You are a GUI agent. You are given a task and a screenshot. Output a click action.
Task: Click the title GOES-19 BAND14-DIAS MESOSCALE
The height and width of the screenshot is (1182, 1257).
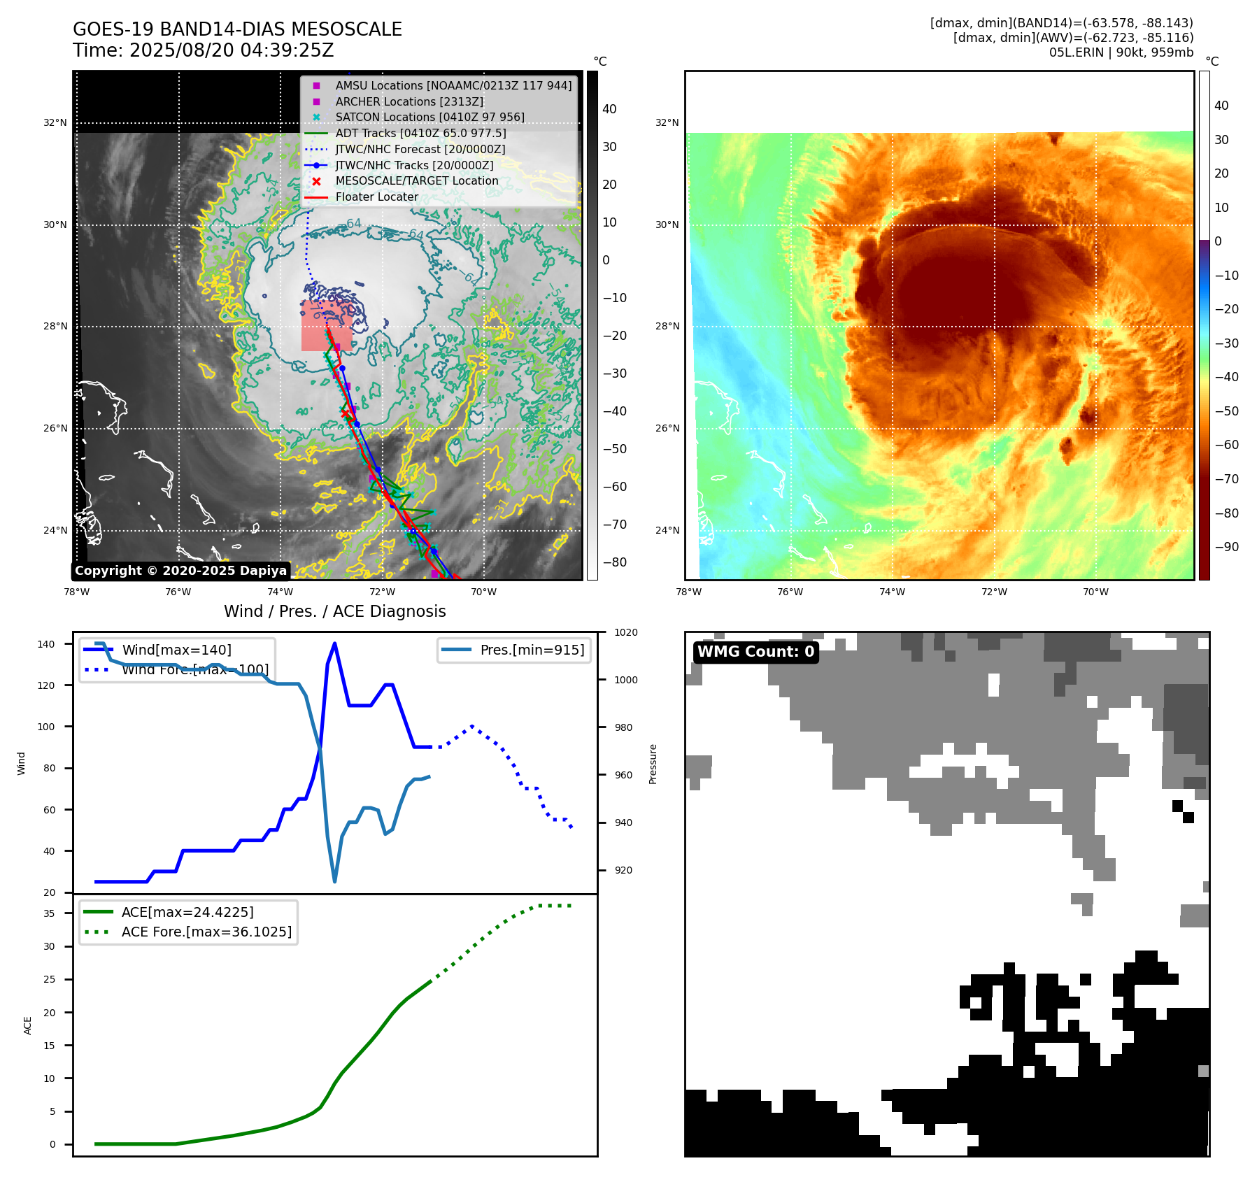(237, 29)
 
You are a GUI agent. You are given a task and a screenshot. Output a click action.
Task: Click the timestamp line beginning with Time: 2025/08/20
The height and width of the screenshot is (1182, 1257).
(203, 50)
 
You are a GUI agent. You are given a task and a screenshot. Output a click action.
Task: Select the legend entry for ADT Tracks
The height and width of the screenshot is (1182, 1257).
(420, 133)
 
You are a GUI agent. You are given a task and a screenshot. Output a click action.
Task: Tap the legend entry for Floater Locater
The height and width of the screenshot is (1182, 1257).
(376, 197)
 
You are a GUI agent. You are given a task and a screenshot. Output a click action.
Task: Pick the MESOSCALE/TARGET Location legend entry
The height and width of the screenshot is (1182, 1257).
(416, 180)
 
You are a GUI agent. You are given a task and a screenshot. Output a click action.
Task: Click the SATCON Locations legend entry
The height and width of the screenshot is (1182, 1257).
(429, 117)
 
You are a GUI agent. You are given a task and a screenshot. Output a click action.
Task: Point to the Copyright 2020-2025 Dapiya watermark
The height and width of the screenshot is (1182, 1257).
(180, 571)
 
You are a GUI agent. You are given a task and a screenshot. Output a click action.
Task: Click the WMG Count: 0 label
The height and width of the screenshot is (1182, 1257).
(755, 652)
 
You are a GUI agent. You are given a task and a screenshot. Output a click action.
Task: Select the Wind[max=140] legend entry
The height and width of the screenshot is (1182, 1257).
(176, 650)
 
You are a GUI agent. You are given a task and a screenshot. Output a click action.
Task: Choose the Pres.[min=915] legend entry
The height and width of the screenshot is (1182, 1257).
(532, 650)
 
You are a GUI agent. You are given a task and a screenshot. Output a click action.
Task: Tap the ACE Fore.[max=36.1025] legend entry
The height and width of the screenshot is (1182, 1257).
(206, 932)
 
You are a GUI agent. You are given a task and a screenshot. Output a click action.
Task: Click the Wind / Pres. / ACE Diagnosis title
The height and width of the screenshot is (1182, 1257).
(334, 611)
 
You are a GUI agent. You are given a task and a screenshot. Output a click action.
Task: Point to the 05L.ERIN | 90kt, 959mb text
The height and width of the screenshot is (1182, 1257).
(1121, 52)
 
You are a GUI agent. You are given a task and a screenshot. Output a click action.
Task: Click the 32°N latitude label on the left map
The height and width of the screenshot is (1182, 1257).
(55, 123)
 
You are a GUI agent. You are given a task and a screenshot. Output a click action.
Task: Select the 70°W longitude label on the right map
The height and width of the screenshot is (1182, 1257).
(1095, 592)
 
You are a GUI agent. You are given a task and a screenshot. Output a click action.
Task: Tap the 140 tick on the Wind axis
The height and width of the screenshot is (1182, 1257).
(46, 644)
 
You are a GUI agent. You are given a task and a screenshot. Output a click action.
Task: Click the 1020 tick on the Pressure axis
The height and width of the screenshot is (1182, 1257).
(625, 632)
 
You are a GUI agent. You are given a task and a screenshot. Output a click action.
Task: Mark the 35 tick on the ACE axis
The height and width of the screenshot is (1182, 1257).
(49, 913)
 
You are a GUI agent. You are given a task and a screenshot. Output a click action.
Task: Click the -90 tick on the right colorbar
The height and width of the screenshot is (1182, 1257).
(1226, 547)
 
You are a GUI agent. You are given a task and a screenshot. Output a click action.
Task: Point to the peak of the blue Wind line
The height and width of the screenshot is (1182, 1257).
(334, 643)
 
